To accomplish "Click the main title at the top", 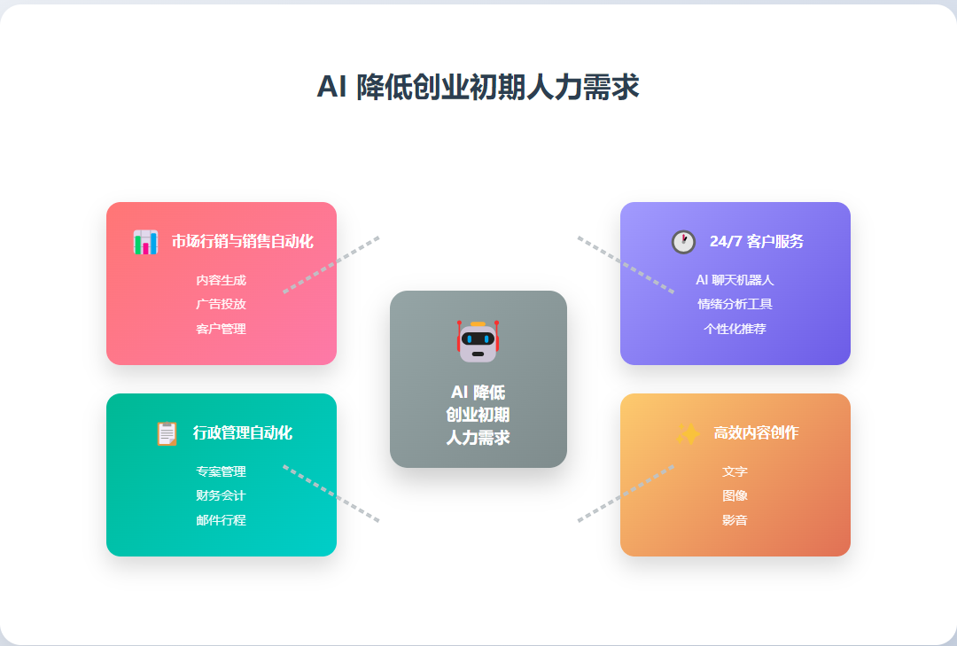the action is tap(478, 88).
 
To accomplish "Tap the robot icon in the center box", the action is tap(478, 341).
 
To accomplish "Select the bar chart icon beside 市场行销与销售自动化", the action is tap(145, 242).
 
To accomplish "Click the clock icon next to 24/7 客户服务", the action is tap(683, 242).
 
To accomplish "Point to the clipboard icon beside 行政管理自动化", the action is tap(167, 433).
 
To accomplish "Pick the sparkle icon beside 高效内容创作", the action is tap(688, 433).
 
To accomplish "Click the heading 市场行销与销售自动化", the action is tap(242, 242).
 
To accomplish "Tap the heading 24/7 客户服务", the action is tap(756, 242).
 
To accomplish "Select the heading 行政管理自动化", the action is tap(242, 433).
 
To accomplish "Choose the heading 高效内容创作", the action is tap(756, 433).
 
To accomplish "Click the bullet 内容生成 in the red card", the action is tap(222, 280).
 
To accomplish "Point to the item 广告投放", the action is tap(222, 304).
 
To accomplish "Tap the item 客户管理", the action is tap(222, 329).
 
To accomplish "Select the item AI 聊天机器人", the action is tap(735, 280).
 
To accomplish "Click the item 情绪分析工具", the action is tap(735, 304).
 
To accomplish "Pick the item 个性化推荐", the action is tap(735, 329).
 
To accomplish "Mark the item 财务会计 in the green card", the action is tap(222, 495).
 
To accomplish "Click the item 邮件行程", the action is tap(222, 520).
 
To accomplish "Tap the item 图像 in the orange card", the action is tap(735, 495).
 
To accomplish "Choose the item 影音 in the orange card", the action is tap(735, 520).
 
